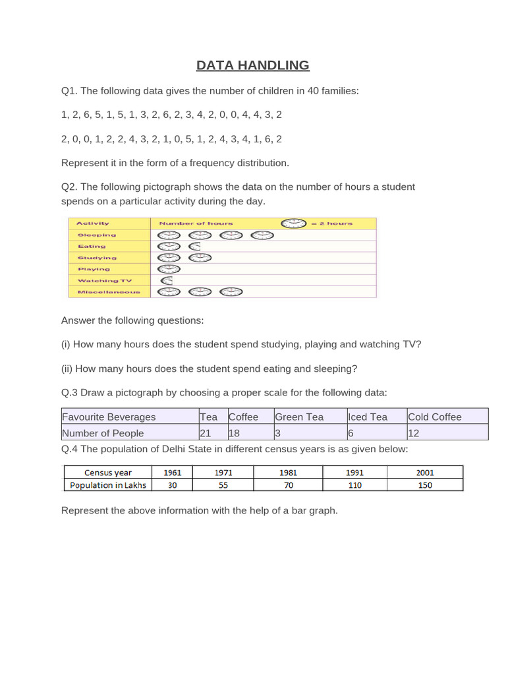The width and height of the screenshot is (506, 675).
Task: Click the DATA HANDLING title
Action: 253,65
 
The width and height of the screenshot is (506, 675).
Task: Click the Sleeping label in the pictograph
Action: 96,235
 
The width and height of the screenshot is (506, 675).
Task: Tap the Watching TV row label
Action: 104,280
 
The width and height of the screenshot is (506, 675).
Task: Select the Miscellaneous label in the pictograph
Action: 109,291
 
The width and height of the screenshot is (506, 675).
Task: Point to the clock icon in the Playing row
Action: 169,269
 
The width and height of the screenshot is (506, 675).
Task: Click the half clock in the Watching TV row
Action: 167,280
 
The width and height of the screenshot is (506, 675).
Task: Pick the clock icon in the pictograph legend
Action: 294,223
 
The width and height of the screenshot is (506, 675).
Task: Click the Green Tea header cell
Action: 299,417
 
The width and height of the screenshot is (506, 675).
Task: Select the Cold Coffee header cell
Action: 435,417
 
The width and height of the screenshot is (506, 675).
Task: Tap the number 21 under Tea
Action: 207,433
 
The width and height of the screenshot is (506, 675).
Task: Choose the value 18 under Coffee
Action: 235,433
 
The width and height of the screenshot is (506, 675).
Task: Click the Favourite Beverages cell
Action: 109,417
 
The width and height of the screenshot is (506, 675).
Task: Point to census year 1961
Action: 172,472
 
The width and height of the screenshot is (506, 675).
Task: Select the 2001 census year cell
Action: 424,472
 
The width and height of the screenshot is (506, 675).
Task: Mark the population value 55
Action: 225,484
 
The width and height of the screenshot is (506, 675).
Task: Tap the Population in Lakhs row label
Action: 107,484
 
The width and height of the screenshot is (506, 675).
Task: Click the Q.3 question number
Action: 70,393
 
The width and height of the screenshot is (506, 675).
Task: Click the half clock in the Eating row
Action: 195,246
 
